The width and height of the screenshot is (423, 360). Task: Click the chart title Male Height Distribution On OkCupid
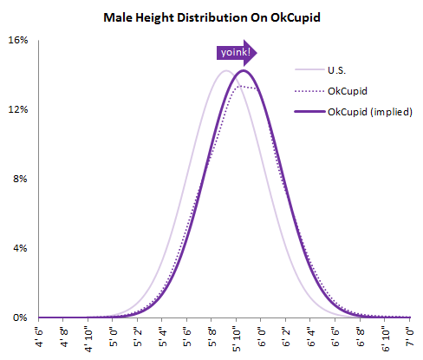coord(211,16)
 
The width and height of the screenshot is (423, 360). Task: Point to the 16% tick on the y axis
coord(18,41)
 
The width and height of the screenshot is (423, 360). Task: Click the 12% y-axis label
coord(18,110)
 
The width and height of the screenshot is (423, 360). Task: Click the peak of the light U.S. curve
coord(225,70)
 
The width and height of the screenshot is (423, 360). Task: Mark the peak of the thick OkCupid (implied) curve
coord(244,70)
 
